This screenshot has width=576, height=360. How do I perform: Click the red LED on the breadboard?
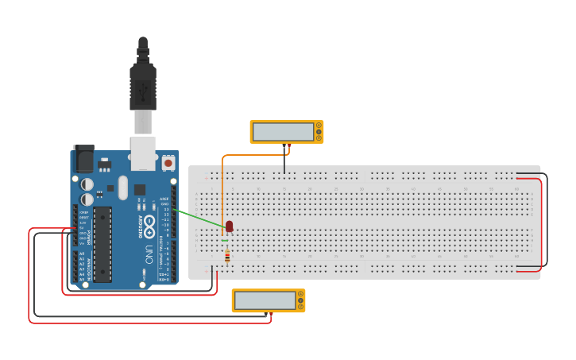coord(230,226)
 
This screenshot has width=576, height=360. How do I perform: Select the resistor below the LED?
coord(228,256)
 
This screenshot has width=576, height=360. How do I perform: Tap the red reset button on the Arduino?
coord(168,163)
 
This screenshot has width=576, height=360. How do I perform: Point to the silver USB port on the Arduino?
coord(143,153)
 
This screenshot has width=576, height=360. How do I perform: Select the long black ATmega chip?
coord(102,244)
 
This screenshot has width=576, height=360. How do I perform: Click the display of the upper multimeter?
coord(283,132)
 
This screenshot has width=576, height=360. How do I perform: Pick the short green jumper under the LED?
coord(226,240)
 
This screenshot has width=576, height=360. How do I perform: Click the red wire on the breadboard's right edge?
coord(543,223)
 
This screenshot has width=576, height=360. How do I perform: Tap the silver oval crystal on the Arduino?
coord(122,188)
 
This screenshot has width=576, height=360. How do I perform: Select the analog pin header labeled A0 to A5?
coord(76,266)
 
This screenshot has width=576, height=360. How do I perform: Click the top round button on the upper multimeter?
coord(319,125)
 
